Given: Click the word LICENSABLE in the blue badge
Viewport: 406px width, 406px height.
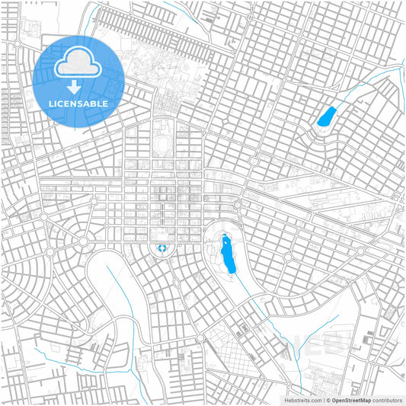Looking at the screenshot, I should (78, 104).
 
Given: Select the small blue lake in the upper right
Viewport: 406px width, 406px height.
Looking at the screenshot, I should (327, 117).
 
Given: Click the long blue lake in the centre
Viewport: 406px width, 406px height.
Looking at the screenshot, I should (226, 255).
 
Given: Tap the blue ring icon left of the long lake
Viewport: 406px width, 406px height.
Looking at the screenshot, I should (161, 248).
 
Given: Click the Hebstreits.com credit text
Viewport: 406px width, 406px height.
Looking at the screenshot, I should (303, 399).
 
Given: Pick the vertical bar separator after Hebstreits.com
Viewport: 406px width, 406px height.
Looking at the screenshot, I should (324, 399).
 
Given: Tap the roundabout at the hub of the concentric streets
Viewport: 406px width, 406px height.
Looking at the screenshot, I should (83, 241).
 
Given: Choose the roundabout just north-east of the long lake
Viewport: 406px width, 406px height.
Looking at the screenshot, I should (238, 204).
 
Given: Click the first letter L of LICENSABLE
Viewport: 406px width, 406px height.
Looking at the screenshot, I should (50, 104).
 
